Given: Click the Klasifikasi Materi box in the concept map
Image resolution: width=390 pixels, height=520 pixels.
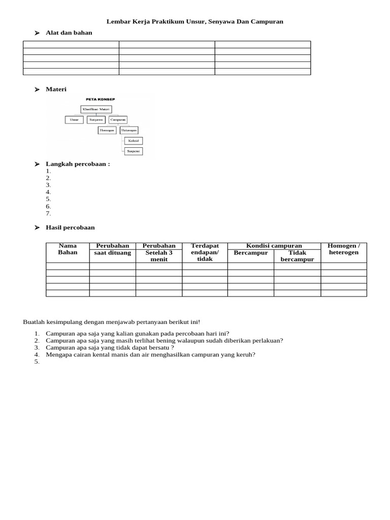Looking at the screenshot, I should tap(96, 109).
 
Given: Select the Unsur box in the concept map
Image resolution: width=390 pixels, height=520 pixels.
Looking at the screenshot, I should tap(74, 120).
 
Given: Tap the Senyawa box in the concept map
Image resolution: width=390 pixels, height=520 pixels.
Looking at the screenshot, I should tap(96, 120).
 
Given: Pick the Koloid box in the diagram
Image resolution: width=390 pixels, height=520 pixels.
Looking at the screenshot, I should tap(133, 141).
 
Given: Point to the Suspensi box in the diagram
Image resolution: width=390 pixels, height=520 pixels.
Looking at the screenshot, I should tap(133, 151).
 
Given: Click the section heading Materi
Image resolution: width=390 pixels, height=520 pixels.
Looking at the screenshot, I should tap(56, 89).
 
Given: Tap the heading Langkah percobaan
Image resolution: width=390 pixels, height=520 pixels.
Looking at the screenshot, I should tap(78, 164).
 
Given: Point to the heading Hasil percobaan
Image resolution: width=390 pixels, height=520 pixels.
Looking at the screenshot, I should tap(70, 227).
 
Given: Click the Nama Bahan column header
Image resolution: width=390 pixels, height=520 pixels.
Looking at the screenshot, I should tap(68, 249).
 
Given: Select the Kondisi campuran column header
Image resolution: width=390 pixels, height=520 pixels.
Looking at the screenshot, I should tap(274, 246).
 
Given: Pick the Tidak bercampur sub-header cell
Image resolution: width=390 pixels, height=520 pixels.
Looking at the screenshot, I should tap(297, 256).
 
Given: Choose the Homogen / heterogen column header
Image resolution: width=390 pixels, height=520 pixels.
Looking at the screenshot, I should tap(344, 249).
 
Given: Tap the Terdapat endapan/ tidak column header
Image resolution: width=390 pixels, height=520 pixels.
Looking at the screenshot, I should tap(205, 252).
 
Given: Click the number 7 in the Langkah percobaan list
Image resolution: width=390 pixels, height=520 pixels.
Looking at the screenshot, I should tap(48, 214).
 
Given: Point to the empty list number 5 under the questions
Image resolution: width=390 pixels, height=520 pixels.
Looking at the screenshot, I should tap(37, 362).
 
